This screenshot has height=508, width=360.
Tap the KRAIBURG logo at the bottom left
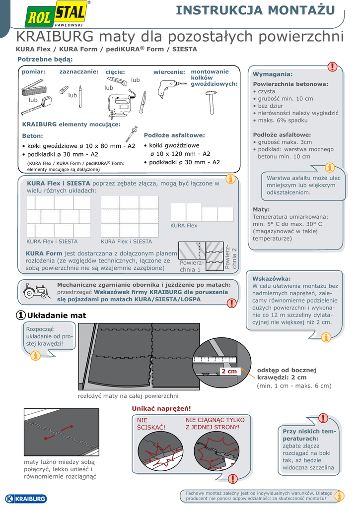pos(25,499)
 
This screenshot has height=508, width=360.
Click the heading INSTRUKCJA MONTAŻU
pos(256,10)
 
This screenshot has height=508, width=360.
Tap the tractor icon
pos(36,291)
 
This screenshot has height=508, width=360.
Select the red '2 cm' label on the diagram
pos(229,371)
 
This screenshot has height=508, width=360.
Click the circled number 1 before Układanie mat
pos(21,315)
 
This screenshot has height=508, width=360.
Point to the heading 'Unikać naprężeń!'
pos(161,408)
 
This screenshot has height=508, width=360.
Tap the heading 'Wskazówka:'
pos(272,278)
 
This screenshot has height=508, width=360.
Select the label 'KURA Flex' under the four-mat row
pos(184,225)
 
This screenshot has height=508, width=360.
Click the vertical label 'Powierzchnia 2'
pos(231,256)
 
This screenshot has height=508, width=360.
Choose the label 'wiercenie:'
pos(169,72)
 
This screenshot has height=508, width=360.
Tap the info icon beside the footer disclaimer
pos(340,496)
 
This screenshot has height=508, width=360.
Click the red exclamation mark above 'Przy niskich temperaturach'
pos(323,418)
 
